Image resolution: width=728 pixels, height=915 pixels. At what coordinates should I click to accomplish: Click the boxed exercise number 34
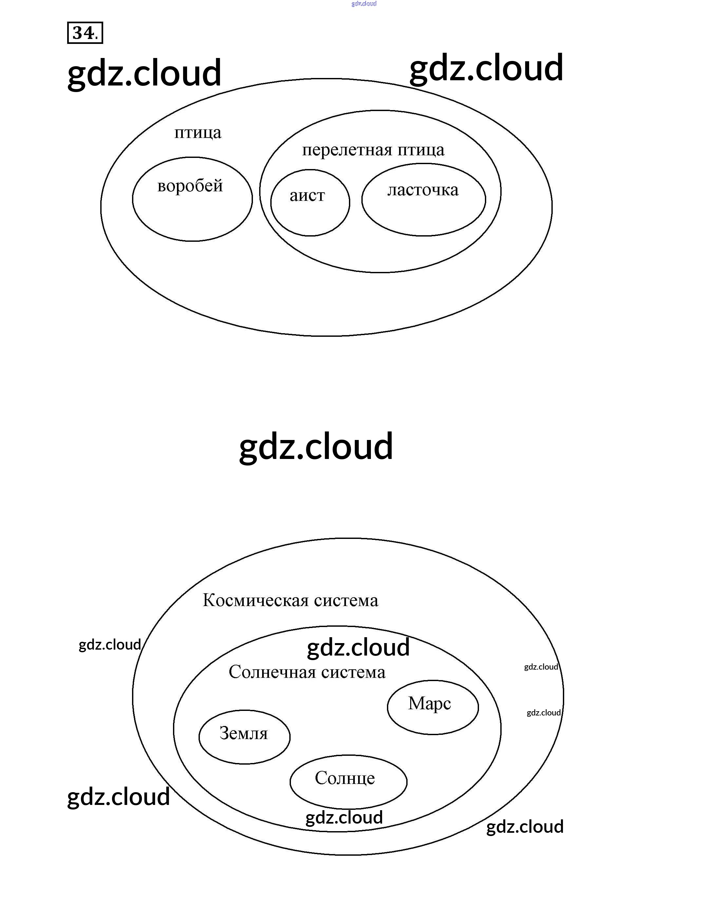[x=85, y=33]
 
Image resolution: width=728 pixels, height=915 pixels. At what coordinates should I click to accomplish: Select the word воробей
[x=190, y=186]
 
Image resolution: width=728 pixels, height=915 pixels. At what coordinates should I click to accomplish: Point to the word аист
[x=307, y=196]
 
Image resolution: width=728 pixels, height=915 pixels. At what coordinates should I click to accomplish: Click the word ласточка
[x=423, y=190]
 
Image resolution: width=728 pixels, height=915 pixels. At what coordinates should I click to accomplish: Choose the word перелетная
[x=347, y=150]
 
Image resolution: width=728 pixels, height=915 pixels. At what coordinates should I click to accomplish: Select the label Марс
[x=429, y=703]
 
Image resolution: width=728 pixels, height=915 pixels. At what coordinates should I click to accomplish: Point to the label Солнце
[x=345, y=777]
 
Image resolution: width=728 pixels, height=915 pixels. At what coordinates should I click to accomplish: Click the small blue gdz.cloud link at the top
[x=364, y=4]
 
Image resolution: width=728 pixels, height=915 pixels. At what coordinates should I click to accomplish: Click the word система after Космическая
[x=346, y=600]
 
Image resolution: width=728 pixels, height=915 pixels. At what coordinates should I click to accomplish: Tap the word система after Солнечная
[x=353, y=672]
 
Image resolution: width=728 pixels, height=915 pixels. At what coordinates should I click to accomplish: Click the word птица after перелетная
[x=421, y=150]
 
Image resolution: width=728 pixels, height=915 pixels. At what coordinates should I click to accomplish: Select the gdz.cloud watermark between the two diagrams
[x=316, y=447]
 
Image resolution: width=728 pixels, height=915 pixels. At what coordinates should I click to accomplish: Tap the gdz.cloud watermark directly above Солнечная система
[x=358, y=648]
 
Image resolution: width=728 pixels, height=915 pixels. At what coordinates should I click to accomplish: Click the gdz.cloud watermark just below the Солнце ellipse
[x=344, y=817]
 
